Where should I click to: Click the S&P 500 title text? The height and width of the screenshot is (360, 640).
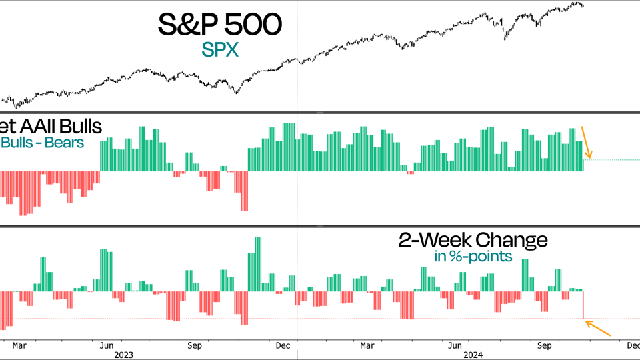[219, 25]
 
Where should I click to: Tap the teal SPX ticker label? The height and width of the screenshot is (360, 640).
[219, 50]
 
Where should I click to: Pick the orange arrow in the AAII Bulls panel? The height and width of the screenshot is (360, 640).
[586, 141]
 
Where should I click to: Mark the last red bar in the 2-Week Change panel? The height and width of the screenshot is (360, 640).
[583, 305]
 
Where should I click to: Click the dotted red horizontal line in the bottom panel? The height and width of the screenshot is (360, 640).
[613, 319]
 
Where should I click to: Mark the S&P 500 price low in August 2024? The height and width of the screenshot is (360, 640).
[505, 39]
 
